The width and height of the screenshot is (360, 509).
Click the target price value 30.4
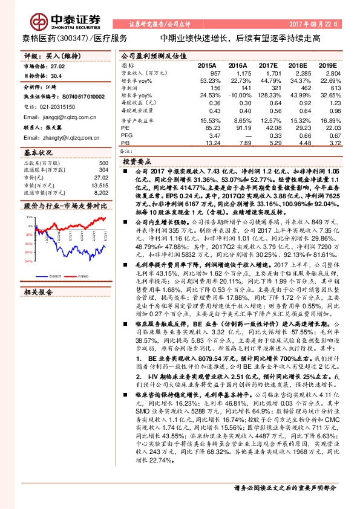coord(57,76)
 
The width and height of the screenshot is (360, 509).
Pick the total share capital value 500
coord(103,164)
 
